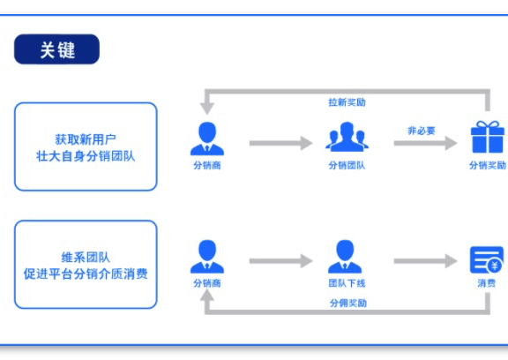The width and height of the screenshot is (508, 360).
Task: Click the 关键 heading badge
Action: click(56, 49)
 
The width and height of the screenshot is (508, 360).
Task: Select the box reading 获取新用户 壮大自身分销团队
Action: click(86, 146)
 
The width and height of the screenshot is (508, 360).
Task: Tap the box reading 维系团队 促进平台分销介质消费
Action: click(86, 265)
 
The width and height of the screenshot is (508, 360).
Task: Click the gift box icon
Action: click(486, 138)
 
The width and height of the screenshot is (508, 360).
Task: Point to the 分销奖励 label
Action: click(487, 165)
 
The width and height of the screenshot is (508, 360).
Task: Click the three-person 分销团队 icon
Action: click(346, 138)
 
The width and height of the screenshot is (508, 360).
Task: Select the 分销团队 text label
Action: click(346, 165)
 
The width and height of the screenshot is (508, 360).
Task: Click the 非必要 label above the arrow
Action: click(421, 130)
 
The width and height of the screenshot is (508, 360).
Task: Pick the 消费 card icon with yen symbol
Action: click(486, 259)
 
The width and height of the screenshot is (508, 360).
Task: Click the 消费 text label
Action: click(486, 283)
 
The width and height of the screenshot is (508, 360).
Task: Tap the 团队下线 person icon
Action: click(345, 257)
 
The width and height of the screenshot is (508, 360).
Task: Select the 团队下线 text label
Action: click(346, 283)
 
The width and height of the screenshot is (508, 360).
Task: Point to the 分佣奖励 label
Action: click(347, 303)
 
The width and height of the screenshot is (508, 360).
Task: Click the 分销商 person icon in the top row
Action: click(207, 138)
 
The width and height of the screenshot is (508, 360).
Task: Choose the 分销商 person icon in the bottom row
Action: click(207, 257)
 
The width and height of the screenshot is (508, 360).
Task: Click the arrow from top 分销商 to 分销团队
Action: click(280, 142)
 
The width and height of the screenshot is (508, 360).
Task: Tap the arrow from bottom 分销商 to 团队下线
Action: click(280, 261)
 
